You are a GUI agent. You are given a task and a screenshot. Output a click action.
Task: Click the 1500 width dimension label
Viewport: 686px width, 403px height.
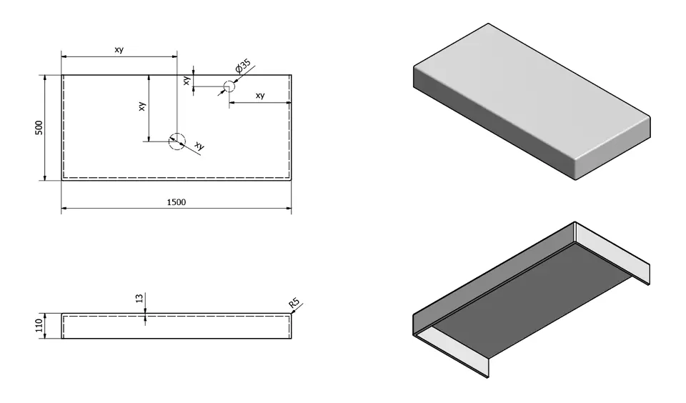(177, 202)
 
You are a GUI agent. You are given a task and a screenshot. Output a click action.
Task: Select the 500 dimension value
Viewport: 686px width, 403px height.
(40, 127)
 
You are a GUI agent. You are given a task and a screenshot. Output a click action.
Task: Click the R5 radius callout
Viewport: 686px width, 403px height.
(294, 304)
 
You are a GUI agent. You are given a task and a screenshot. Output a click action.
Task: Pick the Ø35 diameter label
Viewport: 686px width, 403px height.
(243, 69)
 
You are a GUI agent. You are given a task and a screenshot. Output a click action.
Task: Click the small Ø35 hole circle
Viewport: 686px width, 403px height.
(229, 87)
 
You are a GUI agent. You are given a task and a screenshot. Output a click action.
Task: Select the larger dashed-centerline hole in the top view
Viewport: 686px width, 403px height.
(177, 141)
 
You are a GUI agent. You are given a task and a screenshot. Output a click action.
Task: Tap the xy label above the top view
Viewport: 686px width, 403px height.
(119, 49)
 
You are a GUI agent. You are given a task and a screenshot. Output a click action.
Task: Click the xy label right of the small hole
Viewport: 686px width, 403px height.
(260, 96)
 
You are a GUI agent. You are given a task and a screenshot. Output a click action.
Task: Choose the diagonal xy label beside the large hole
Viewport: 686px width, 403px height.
(199, 146)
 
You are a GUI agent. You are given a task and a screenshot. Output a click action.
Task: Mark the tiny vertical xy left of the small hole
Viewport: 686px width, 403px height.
(187, 81)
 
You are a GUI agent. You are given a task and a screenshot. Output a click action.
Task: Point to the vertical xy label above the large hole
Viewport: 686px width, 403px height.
(142, 106)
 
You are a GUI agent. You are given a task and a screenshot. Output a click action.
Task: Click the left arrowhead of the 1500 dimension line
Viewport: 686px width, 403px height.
(64, 209)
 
